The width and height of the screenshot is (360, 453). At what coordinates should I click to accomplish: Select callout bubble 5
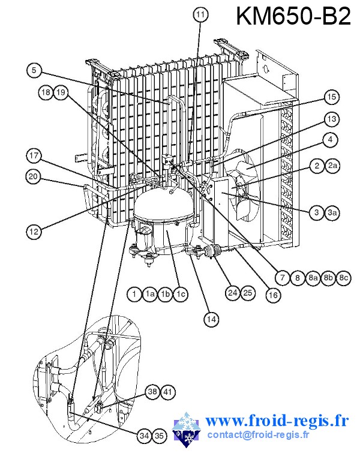pos(34,70)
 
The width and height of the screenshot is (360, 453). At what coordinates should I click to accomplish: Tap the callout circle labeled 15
pos(331,97)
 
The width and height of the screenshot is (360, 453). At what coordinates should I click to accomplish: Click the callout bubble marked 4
pos(329,140)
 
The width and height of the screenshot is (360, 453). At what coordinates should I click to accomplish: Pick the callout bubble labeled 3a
pos(332,211)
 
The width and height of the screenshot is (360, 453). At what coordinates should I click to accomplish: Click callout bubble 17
pos(34,157)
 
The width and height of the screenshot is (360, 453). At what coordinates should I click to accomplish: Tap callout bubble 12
pos(34,229)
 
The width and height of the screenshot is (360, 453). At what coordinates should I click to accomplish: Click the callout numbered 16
pos(273,295)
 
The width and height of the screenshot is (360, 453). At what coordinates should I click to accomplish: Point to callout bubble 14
pos(209,319)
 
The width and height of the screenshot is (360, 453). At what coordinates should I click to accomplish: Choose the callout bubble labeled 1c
pos(181,293)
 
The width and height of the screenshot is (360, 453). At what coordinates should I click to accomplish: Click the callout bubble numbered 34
pos(144,435)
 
